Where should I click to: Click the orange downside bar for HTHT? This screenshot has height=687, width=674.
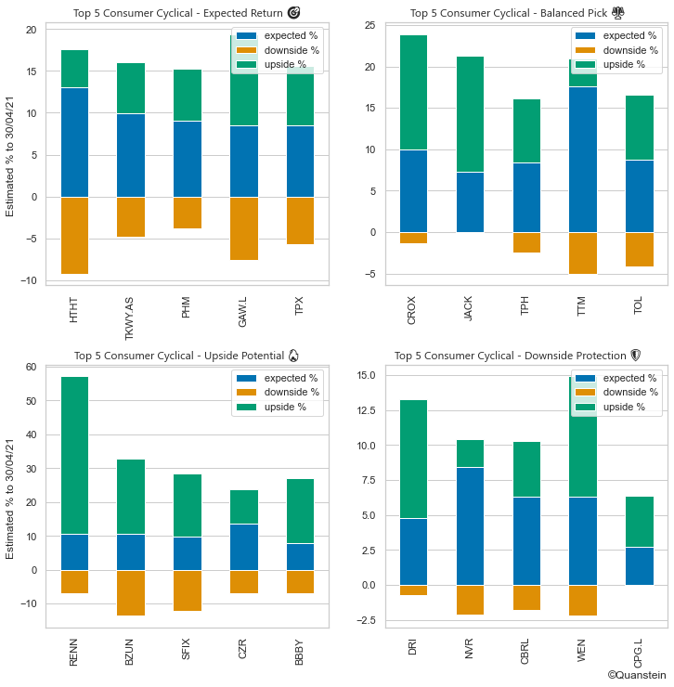click(73, 235)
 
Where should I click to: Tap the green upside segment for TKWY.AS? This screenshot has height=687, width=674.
click(130, 88)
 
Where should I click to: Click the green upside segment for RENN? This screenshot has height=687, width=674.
click(73, 455)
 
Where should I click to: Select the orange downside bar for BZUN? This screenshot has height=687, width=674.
click(130, 592)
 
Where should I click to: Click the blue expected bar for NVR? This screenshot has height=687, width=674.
click(470, 525)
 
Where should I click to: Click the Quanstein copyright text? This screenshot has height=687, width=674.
click(636, 675)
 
